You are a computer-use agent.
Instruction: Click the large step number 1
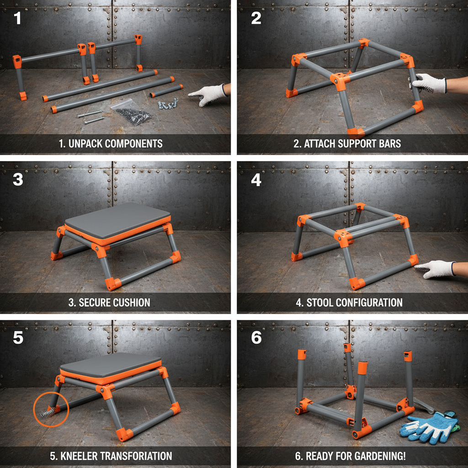17,19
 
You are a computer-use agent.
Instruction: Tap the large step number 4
256,180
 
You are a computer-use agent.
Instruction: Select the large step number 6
256,338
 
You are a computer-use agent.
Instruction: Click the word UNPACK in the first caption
85,144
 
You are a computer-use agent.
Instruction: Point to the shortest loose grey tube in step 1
166,90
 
